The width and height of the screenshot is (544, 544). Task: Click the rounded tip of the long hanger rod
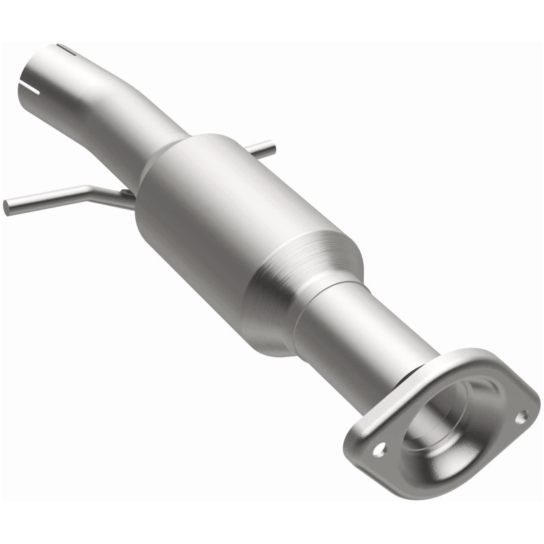pyautogui.click(x=7, y=207)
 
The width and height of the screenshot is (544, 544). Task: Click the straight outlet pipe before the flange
pyautogui.click(x=367, y=333)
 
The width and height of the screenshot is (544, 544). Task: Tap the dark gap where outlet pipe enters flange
pyautogui.click(x=408, y=381)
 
